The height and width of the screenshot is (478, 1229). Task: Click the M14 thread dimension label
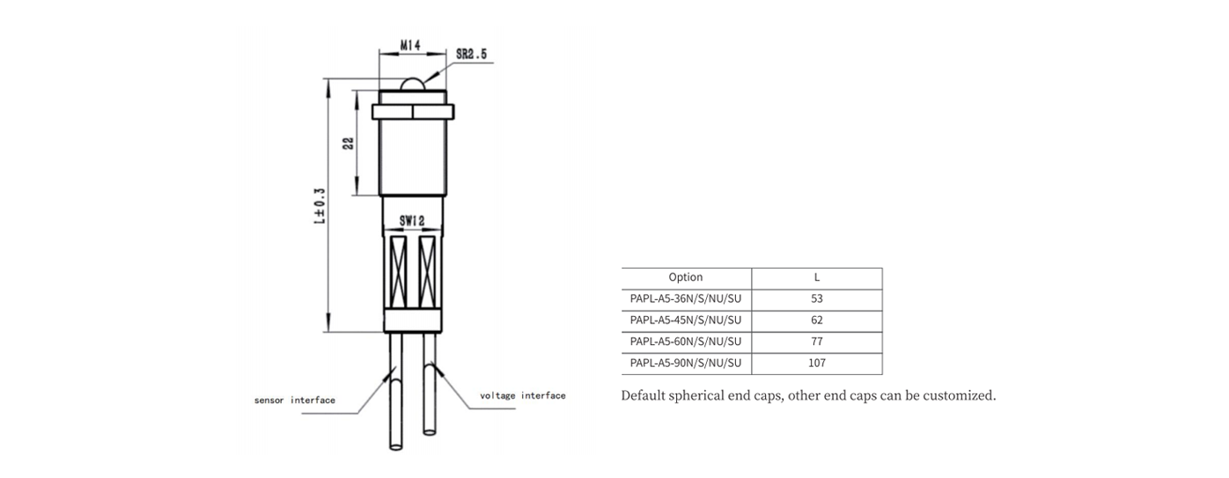tap(410, 45)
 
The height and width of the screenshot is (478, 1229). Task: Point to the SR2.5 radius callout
tap(471, 54)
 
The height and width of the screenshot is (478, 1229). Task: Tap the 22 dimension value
tap(349, 143)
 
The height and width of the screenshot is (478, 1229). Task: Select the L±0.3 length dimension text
tap(320, 206)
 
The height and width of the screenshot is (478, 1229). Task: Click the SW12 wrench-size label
tap(411, 221)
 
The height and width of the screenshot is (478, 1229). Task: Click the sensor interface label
tap(295, 400)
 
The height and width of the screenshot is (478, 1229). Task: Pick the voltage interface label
tap(522, 395)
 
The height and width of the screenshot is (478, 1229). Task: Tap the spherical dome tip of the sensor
tap(413, 84)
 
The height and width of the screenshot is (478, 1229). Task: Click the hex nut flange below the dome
tap(413, 112)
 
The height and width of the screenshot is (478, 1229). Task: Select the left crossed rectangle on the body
tap(398, 272)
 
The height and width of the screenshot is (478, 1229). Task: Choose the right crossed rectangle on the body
tap(427, 272)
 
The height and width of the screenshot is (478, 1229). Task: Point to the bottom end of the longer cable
tap(395, 447)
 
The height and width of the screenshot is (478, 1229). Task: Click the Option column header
tap(685, 277)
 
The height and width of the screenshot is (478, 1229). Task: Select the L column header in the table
tap(816, 277)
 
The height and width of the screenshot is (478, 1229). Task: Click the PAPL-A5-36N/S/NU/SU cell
tap(685, 298)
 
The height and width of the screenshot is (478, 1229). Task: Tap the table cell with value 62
tap(816, 320)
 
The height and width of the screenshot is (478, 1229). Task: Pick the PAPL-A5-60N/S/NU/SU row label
tap(685, 342)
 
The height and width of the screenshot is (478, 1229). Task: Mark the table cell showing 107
tap(816, 363)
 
